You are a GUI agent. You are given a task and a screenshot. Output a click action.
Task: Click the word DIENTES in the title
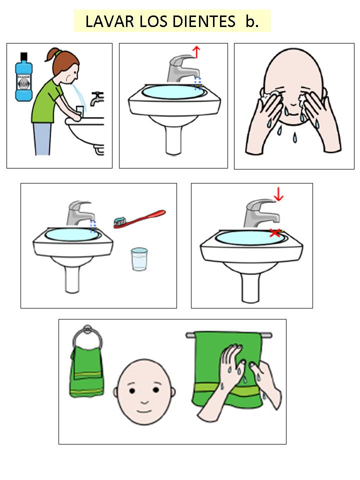[x=203, y=21]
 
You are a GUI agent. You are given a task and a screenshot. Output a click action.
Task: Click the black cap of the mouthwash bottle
[x=23, y=56]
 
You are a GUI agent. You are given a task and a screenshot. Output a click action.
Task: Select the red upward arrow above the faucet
[x=196, y=51]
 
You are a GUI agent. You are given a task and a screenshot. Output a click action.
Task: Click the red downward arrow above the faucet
[x=278, y=194]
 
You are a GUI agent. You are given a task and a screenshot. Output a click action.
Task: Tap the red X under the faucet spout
[x=275, y=232]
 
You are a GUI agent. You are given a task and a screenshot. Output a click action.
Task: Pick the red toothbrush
[x=139, y=219]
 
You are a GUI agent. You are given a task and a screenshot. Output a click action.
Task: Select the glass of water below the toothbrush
[x=139, y=259]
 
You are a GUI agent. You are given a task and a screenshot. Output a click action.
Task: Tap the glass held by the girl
[x=79, y=111]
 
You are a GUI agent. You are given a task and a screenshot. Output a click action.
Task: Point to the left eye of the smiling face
[x=132, y=390]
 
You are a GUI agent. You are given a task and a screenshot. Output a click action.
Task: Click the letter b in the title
[x=251, y=21]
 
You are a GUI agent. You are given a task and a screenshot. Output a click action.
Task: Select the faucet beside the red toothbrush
[x=80, y=213]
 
